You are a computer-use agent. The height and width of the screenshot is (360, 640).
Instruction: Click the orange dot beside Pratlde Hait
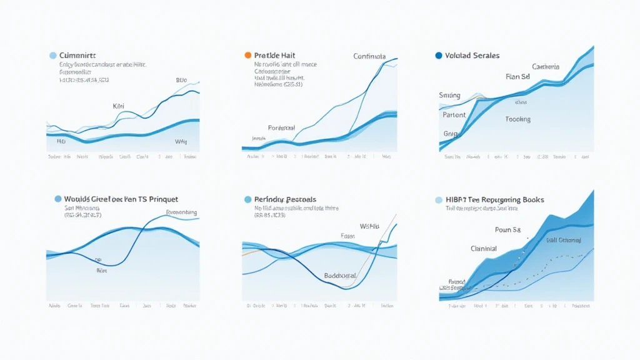[x=248, y=55]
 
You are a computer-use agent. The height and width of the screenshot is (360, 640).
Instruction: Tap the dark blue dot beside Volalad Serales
[x=439, y=55]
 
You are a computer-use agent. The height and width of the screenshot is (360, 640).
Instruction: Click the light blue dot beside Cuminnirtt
[x=52, y=56]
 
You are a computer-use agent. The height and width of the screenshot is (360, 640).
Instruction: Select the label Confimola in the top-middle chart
[x=369, y=56]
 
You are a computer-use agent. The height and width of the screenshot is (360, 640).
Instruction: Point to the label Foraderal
[x=282, y=127]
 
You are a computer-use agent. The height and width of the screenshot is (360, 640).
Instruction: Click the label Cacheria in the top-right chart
[x=546, y=66]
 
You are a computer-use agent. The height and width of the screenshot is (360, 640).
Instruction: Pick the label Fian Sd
[x=517, y=77]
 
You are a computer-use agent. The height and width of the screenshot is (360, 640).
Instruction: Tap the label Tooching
[x=517, y=119]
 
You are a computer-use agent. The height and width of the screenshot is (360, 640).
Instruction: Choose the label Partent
[x=454, y=115]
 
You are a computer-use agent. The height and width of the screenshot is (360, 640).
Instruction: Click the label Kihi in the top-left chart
[x=118, y=106]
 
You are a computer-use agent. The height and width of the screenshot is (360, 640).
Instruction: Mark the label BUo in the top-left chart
[x=181, y=81]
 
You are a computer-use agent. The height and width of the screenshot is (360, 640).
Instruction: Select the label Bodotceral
[x=341, y=276]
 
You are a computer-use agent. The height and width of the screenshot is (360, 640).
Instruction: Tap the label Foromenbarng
[x=182, y=212]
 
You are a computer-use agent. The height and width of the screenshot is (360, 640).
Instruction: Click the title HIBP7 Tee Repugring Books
[x=494, y=199]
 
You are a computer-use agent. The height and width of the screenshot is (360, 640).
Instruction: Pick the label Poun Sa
[x=507, y=230]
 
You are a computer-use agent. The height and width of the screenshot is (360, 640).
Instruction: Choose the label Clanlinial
[x=484, y=248]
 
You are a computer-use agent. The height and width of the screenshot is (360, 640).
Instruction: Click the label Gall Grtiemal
[x=563, y=240]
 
